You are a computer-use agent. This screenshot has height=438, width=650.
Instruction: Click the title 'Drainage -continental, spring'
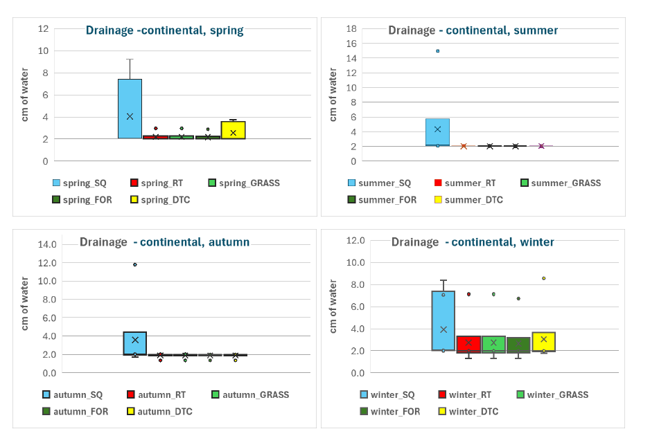164,30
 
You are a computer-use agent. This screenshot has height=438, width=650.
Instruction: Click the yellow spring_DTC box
233,130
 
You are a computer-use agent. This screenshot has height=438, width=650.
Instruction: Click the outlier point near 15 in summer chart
437,51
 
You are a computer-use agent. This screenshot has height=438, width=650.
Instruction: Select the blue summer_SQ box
437,132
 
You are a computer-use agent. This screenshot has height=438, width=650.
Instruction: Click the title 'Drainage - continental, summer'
473,30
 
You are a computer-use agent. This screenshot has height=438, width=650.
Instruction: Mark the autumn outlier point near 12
135,264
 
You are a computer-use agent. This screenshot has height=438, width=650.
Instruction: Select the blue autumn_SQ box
135,343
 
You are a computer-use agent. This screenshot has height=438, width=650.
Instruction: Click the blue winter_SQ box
443,320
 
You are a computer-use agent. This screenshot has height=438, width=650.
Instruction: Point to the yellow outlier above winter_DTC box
543,278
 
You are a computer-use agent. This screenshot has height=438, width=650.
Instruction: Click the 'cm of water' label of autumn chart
25,303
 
